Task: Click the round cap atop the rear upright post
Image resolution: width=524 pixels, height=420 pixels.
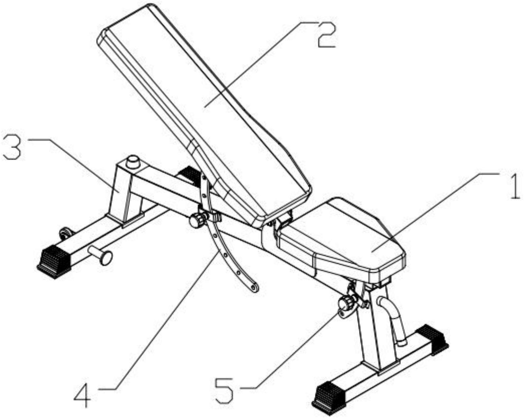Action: click(133, 162)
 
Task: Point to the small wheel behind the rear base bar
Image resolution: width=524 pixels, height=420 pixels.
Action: click(65, 233)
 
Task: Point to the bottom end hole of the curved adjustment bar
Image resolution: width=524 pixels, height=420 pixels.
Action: click(254, 288)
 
